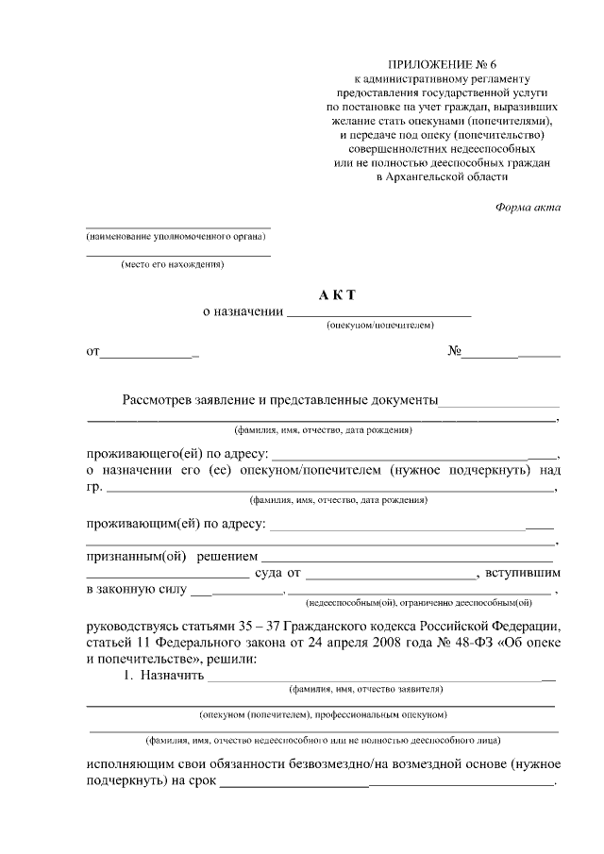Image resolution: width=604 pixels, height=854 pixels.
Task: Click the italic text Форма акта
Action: [x=528, y=208]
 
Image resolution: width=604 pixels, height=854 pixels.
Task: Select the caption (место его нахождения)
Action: [x=172, y=265]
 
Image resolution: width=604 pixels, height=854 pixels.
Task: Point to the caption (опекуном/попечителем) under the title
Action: [x=379, y=325]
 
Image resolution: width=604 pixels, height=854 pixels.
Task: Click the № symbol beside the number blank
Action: [x=454, y=352]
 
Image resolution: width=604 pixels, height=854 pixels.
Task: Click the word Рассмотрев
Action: [x=156, y=400]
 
